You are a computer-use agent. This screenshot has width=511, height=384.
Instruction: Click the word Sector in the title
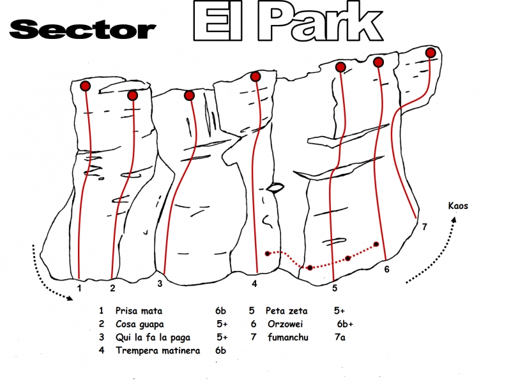coord(83,29)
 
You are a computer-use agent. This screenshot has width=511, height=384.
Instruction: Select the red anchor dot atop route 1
coord(85,86)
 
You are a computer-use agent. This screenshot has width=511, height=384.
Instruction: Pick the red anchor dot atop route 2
coord(133,95)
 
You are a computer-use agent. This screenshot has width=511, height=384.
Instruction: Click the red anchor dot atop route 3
coord(189,95)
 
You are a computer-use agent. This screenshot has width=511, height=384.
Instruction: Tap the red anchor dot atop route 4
coord(256,77)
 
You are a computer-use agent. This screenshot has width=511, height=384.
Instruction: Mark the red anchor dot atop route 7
coord(431,52)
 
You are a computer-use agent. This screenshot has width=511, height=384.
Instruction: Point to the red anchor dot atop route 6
coord(378,62)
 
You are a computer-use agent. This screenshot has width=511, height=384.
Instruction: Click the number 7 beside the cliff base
coord(424,226)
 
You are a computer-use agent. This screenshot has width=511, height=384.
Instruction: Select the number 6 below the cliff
coord(386,269)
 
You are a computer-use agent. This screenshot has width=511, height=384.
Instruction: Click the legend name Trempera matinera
coord(158,350)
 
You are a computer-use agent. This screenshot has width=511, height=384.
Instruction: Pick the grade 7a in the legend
coord(339,337)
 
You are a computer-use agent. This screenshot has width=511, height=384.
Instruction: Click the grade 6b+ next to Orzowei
coord(345,324)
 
